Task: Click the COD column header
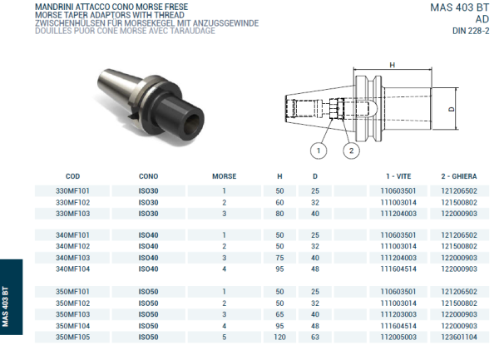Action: tap(72, 177)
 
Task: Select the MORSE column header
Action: tap(224, 177)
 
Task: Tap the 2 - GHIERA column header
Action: tap(459, 177)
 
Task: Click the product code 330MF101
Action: tap(72, 190)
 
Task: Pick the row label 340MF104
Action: tap(72, 269)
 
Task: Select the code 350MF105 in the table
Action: tap(72, 338)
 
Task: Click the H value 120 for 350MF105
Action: tap(279, 338)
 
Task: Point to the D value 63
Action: tap(315, 338)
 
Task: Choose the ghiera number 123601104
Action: tap(459, 338)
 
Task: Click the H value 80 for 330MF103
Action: tap(279, 213)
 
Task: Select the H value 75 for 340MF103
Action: tap(279, 258)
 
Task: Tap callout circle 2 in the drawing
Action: tap(352, 150)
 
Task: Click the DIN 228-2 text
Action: tap(470, 32)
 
